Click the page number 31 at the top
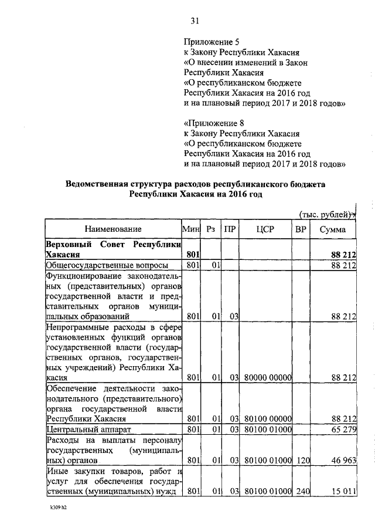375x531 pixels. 195,22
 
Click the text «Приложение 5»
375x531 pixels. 212,42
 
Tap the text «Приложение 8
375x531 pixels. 213,123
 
